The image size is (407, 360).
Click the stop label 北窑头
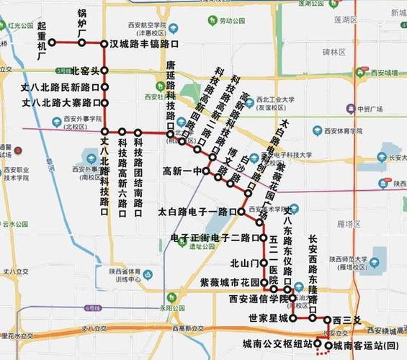(x=84, y=71)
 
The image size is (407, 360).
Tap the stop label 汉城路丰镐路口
(x=144, y=43)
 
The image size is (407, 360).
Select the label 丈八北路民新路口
(x=61, y=87)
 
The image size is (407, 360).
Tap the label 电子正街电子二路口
(x=214, y=238)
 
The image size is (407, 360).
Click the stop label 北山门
(x=243, y=263)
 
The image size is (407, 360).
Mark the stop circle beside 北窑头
(x=104, y=71)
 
